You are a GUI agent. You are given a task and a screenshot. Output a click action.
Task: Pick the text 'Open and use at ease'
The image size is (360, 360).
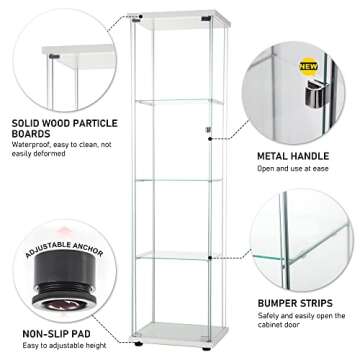point(296,168)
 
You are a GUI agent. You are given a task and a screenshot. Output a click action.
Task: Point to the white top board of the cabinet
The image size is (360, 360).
point(181,19)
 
